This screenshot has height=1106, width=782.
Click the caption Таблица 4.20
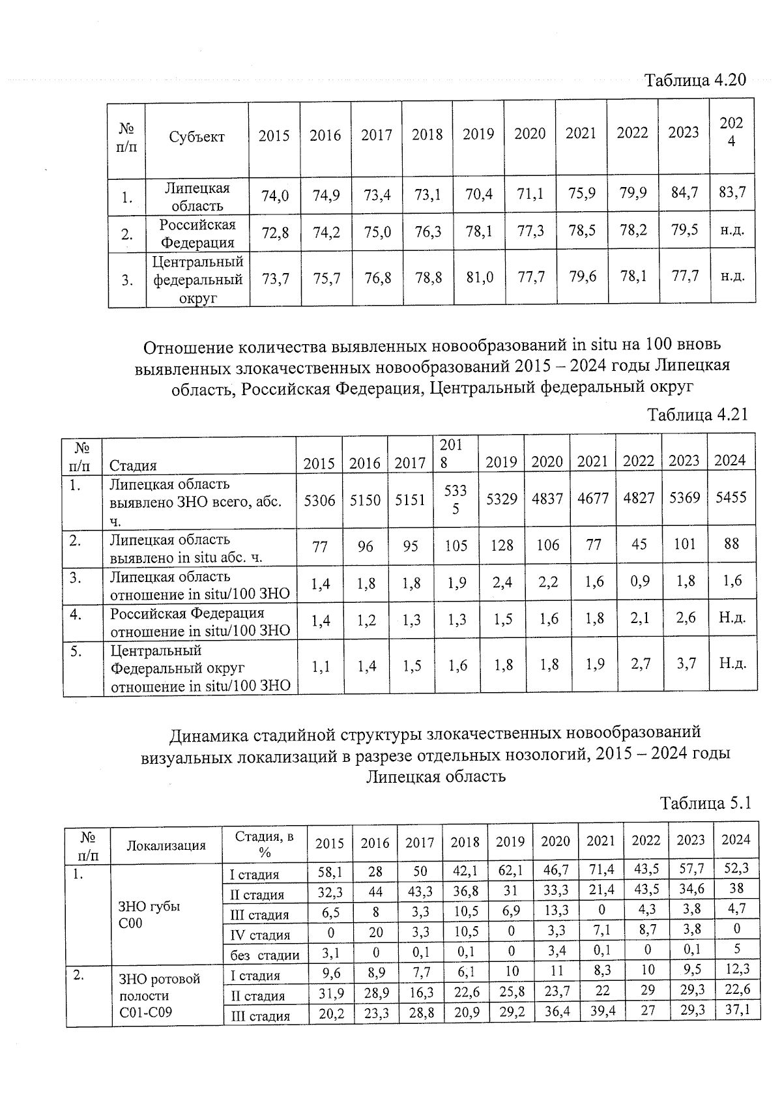pos(695,80)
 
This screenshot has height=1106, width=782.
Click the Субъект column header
pos(197,137)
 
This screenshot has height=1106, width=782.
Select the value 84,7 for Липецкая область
pos(684,194)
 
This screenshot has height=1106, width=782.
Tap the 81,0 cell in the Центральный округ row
pos(478,277)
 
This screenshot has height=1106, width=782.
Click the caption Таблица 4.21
pos(697,415)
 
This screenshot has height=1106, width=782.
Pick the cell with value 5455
pos(731,498)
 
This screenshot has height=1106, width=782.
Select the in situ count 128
pos(502,545)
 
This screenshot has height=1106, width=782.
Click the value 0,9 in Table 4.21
pos(639,581)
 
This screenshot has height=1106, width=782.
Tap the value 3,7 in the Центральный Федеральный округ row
pos(686,663)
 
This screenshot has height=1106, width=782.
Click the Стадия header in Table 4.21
pos(133,465)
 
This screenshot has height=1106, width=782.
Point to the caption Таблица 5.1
pos(706,804)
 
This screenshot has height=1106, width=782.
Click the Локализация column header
pos(166,846)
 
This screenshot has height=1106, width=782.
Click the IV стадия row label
pos(260,935)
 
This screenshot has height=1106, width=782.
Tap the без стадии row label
pos(265,955)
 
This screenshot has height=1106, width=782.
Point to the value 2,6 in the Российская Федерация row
pos(686,618)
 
